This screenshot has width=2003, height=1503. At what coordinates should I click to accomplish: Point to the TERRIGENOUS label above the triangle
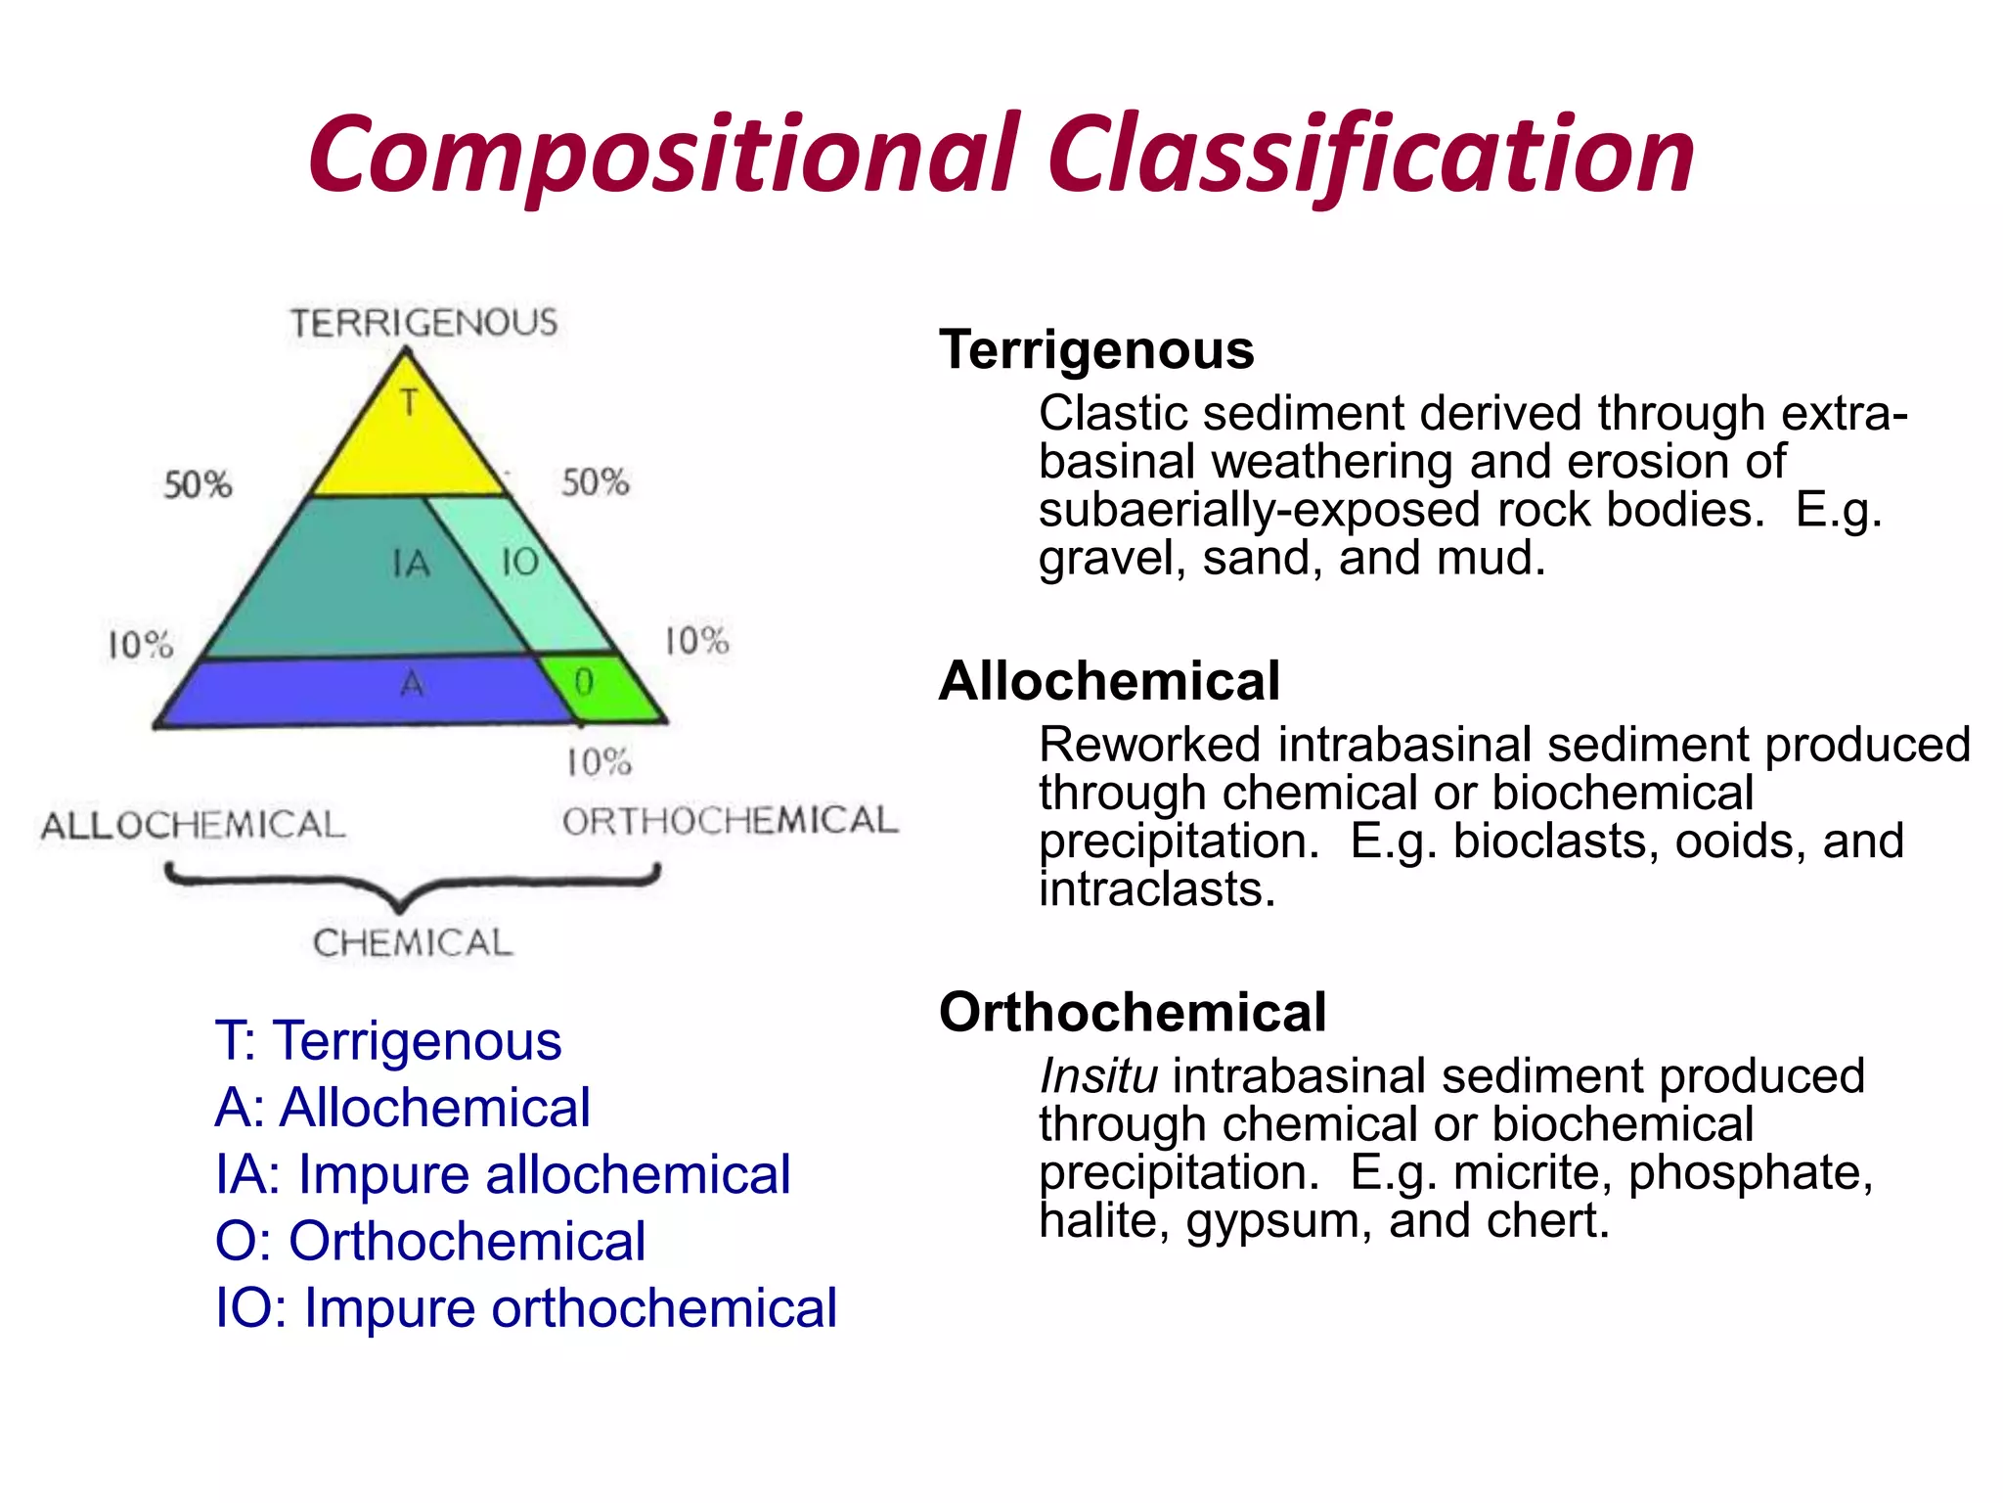coord(423,323)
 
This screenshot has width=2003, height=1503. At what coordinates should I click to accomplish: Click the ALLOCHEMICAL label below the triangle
coord(193,825)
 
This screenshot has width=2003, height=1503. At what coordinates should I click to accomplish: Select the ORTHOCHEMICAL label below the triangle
coord(730,821)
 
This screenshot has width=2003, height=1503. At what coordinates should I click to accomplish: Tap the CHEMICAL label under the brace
coord(412,943)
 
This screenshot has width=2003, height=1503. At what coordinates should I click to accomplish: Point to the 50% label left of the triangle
coord(198,484)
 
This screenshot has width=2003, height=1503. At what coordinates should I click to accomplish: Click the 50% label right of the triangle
coord(595,482)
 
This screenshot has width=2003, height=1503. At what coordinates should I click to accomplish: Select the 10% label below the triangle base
coord(599,762)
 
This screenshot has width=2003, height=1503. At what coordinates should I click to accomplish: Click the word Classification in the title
coord(1369,157)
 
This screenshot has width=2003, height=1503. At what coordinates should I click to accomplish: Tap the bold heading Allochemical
coord(1108,681)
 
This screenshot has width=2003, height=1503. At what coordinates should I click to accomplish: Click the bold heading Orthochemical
coord(1132,1012)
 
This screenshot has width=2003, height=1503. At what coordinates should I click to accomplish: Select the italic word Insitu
coord(1097,1076)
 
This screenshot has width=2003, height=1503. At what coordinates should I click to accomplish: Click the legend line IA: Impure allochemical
coord(503,1174)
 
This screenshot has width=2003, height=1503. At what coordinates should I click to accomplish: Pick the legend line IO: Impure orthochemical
coord(525,1307)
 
